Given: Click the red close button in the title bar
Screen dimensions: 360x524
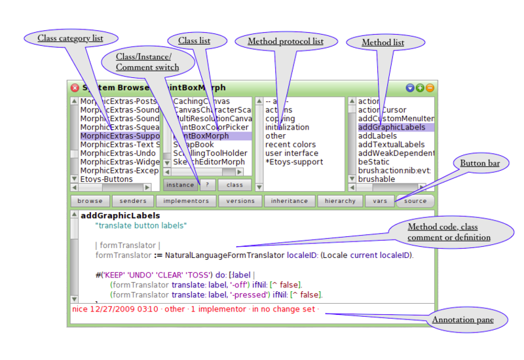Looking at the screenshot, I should point(75,88).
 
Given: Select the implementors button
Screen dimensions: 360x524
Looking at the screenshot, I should point(181,201).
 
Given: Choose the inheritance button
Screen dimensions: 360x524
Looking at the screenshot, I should point(289,201).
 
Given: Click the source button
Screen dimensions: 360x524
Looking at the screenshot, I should point(415,201).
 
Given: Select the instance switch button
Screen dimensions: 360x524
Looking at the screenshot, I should point(180,185).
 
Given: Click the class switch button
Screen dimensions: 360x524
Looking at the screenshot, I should point(234,185).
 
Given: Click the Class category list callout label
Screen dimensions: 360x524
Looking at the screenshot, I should point(70,39).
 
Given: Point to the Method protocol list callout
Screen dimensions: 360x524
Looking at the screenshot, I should point(285,42).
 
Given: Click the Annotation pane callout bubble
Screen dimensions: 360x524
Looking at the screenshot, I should point(462,319).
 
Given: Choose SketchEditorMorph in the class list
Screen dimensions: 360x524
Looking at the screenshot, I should point(209,162).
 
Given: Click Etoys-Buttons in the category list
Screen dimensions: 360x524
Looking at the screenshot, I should point(106,179).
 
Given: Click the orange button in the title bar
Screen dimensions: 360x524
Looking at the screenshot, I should point(430,88).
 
